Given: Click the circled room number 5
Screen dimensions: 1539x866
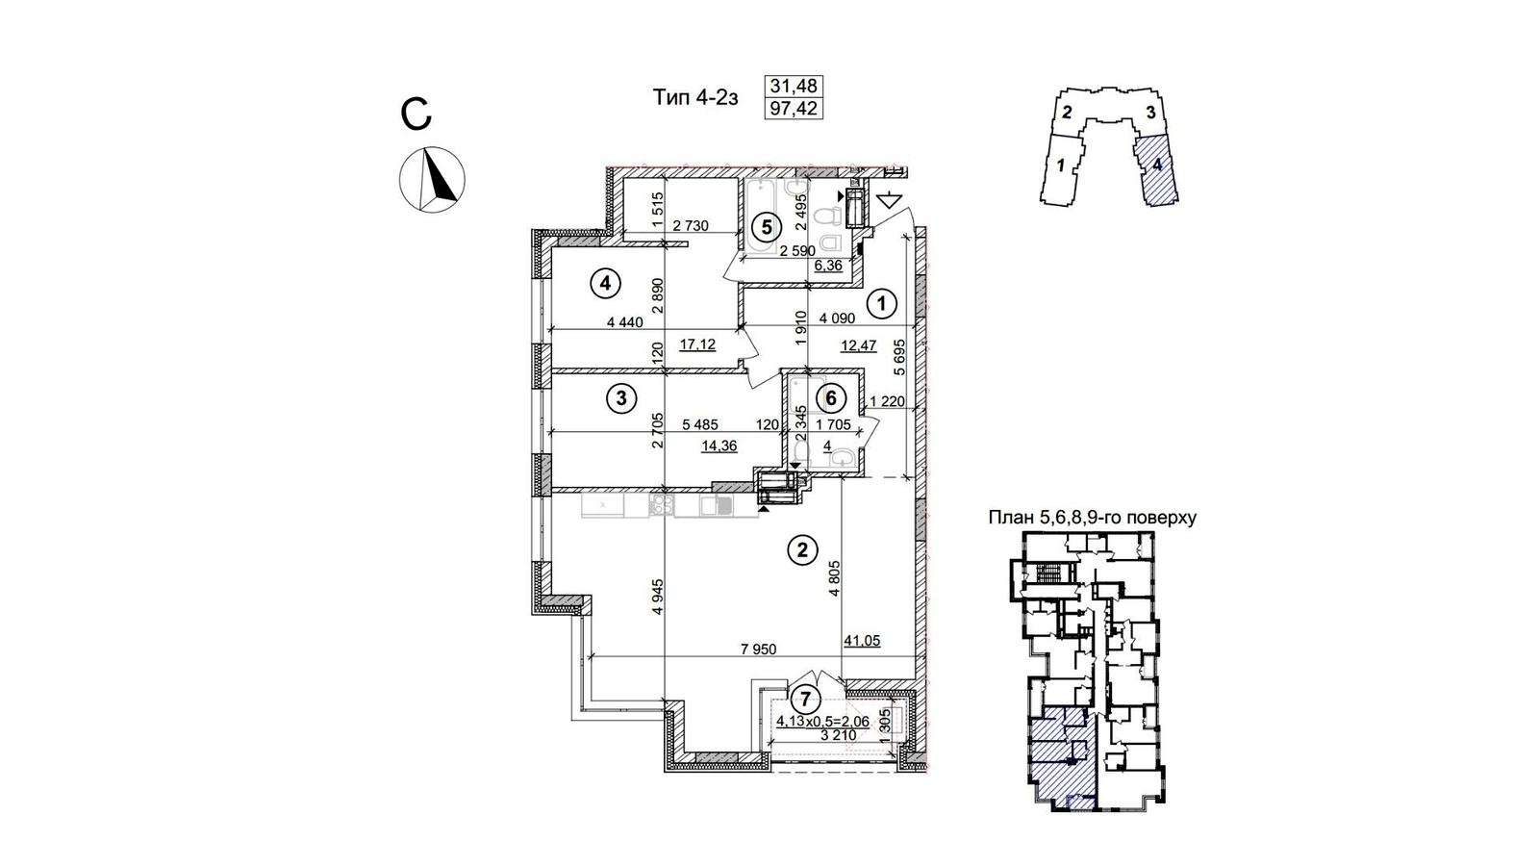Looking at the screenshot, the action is point(767,226).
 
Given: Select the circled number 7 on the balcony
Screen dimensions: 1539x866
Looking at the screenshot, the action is point(806,700).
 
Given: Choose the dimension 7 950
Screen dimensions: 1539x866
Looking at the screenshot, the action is point(759,649).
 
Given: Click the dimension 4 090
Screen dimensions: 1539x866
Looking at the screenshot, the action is point(837,318).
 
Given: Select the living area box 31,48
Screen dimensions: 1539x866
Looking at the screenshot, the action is point(794,86).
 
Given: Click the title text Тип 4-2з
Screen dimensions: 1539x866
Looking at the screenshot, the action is point(694,97).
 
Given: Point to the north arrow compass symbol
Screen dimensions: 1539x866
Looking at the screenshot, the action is point(432,179).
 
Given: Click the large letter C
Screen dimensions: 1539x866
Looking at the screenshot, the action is point(416,115).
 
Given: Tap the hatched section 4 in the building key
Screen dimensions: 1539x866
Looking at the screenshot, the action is point(1157,169).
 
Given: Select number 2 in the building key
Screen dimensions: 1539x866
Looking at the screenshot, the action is point(1067,112).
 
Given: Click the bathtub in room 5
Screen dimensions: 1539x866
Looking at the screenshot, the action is point(762,216).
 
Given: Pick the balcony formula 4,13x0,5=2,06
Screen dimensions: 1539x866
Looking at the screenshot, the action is point(822,721).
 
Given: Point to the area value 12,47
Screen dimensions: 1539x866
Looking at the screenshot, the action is point(859,345).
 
